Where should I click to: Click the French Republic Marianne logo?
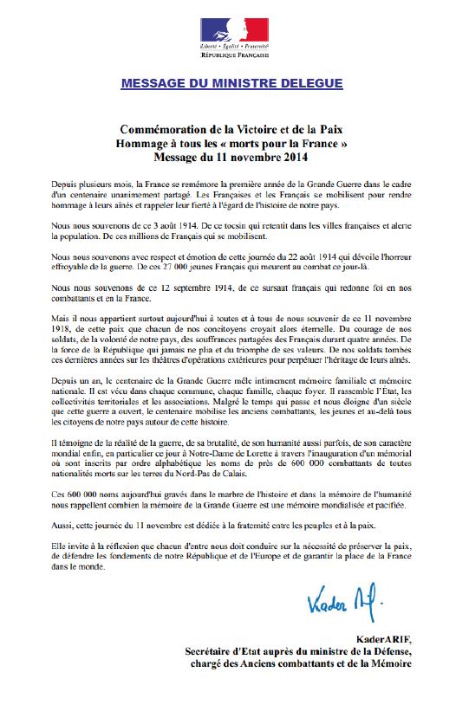click(x=234, y=30)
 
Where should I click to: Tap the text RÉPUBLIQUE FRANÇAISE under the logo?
click(x=234, y=55)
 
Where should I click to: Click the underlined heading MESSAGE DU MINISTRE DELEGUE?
click(x=231, y=83)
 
